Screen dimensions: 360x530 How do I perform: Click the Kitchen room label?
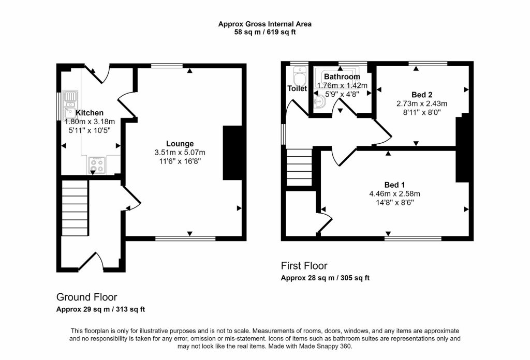[90, 113]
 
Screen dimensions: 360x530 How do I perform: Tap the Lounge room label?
[180, 143]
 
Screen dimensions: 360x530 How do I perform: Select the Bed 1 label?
[394, 185]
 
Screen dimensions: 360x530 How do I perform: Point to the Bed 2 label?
[421, 95]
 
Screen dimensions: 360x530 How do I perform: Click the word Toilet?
[297, 88]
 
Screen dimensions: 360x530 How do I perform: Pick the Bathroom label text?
[342, 77]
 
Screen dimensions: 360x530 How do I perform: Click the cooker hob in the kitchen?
[96, 165]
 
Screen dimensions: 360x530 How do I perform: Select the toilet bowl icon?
[299, 78]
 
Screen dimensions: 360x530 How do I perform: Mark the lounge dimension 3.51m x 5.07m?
[180, 153]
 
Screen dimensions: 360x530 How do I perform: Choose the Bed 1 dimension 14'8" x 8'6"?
[394, 203]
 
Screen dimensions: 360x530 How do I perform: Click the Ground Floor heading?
[86, 297]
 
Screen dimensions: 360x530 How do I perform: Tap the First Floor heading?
[304, 266]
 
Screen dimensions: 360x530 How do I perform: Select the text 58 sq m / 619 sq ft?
[264, 32]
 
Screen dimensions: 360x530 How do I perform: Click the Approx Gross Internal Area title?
[264, 23]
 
